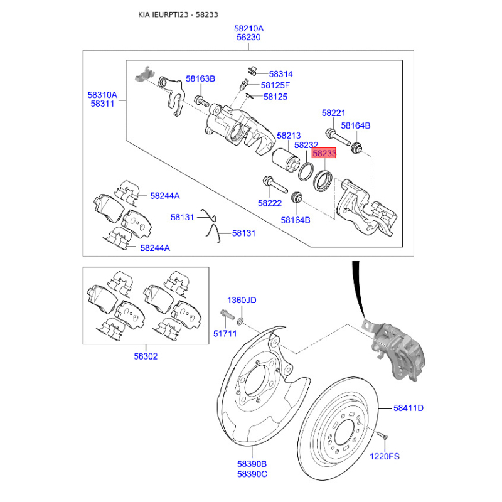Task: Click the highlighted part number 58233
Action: click(324, 152)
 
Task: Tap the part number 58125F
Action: click(275, 85)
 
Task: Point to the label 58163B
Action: click(200, 79)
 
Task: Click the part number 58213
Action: click(289, 136)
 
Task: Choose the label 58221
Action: click(334, 113)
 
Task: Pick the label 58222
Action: click(270, 203)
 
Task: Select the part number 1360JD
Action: click(242, 301)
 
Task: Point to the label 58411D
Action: click(409, 409)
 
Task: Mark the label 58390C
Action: click(252, 474)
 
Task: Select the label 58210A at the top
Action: click(249, 28)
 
